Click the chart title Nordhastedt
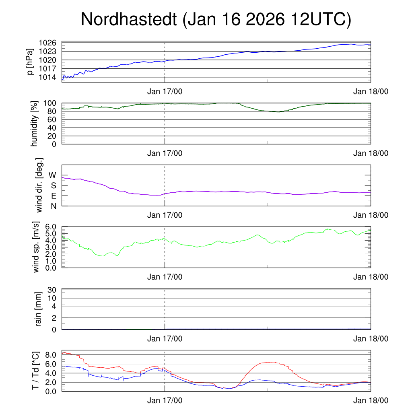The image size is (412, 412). (x=216, y=19)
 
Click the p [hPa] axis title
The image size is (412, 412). (x=30, y=61)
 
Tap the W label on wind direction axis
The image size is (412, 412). (x=52, y=175)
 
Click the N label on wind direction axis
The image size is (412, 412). (x=53, y=206)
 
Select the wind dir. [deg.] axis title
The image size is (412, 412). (x=39, y=185)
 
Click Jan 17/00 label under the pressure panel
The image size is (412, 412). (x=165, y=91)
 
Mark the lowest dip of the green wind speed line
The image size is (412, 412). (x=103, y=256)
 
